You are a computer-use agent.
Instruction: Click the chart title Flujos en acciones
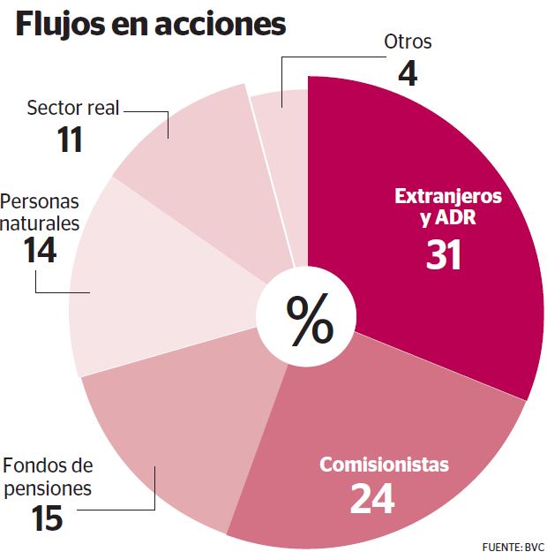(151, 24)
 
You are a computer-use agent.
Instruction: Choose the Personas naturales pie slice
(150, 283)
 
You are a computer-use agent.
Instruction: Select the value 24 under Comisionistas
(371, 499)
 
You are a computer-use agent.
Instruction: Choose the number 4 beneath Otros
(407, 72)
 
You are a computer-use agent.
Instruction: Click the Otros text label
(408, 41)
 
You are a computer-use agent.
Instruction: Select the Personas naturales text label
(40, 212)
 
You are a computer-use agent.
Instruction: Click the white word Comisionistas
(384, 465)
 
